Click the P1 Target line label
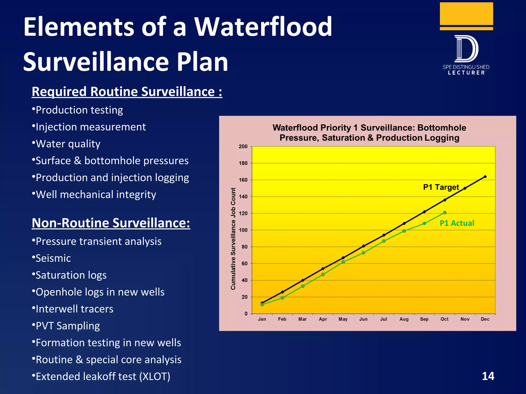coord(441,187)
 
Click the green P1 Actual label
coord(457,223)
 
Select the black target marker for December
coord(485,177)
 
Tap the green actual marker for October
coord(445,213)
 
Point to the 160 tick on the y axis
coord(243,180)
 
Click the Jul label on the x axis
coord(383,319)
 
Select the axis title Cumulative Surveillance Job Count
coord(233,239)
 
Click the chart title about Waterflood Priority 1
coord(369,133)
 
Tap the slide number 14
coord(488,376)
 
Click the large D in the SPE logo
coord(466,49)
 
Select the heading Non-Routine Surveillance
coord(111,223)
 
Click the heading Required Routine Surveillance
coord(127,92)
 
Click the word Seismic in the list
coord(53,258)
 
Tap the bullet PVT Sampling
coord(68,326)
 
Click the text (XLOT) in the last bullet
coord(155,377)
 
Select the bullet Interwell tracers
coord(74,309)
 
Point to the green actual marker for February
coord(282,298)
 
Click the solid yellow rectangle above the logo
coord(466,13)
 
